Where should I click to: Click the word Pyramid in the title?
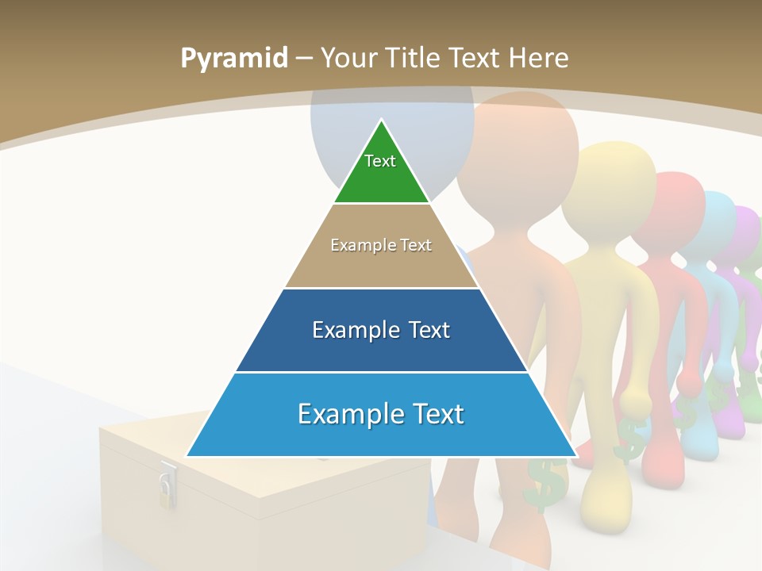point(233,59)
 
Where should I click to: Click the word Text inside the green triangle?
point(380,161)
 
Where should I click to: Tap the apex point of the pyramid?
point(381,121)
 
